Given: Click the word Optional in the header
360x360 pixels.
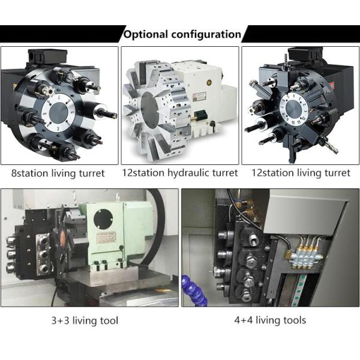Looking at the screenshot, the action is pos(146,34).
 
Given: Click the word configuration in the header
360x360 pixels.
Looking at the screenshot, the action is pos(206,34).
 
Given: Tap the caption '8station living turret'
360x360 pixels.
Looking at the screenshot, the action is pos(58,173).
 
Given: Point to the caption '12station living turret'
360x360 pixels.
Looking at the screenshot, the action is pos(301,173).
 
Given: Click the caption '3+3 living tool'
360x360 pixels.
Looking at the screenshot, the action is pos(85,320).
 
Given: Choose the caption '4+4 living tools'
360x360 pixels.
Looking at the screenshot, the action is pos(270,320).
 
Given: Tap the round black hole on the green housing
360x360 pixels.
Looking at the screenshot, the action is pos(103,219).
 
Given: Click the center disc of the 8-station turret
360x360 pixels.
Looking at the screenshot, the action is pos(59,112).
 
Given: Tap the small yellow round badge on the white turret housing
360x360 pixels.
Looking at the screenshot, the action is pos(209,82).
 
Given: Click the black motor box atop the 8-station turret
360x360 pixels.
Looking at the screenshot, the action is pos(47,56).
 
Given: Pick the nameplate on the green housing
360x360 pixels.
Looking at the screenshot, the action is pos(107,238).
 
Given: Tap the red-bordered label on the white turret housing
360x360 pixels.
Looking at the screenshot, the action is pos(199,96).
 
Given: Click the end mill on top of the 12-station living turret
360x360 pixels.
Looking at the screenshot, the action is pos(286,59).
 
